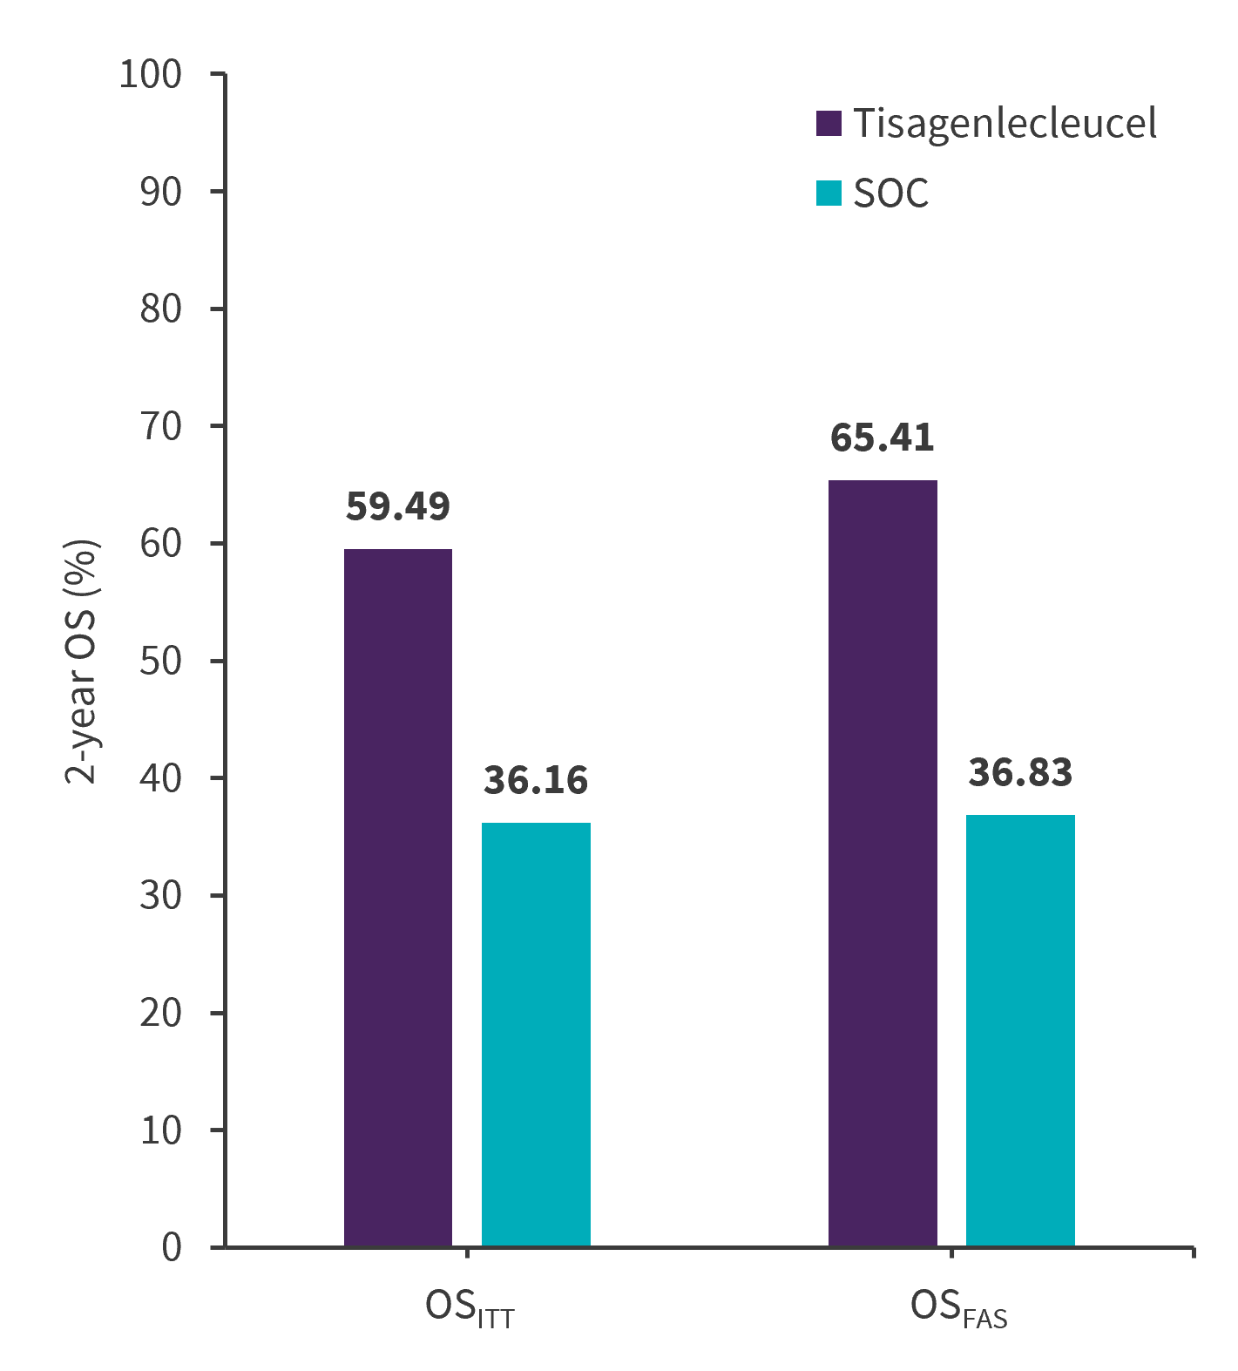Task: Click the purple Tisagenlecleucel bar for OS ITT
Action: click(398, 898)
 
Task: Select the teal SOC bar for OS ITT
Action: click(536, 1035)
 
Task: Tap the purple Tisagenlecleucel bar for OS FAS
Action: click(883, 863)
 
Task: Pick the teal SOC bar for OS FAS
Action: click(1020, 1030)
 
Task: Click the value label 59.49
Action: click(398, 506)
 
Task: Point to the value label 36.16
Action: click(536, 780)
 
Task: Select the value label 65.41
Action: click(883, 437)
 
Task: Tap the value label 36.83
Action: click(1020, 772)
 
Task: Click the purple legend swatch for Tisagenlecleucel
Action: click(829, 124)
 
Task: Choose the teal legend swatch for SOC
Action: click(829, 193)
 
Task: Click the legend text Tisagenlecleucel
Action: click(1005, 124)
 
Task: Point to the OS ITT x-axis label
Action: click(470, 1309)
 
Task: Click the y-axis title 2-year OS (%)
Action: click(82, 662)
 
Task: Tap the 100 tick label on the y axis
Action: click(150, 75)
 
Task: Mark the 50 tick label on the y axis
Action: click(160, 661)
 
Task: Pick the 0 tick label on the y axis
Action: click(172, 1247)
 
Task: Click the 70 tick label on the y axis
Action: click(160, 426)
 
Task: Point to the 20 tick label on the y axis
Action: click(160, 1013)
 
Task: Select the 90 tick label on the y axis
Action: click(160, 192)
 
